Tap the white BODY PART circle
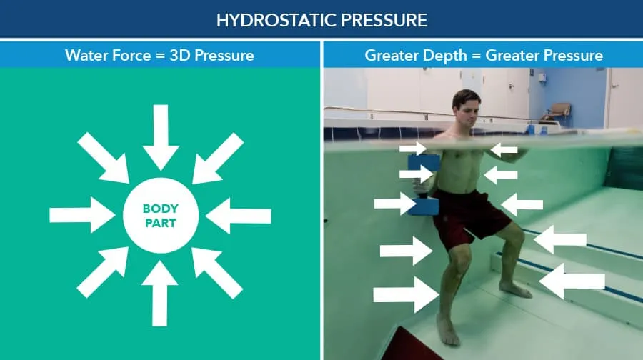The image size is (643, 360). point(161,215)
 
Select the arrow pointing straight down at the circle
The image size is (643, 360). point(161,137)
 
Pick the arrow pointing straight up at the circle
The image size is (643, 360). point(160,294)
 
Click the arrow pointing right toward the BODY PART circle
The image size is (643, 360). point(82,215)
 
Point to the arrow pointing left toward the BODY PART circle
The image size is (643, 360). point(238,216)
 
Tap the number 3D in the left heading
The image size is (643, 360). point(179,55)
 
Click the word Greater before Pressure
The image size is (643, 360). point(511,55)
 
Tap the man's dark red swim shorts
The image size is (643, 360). point(470,217)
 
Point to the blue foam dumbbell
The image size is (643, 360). point(422,185)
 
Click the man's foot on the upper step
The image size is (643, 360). point(515,289)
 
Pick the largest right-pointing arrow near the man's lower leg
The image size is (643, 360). point(406,294)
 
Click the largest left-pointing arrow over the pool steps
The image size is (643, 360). point(572,281)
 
